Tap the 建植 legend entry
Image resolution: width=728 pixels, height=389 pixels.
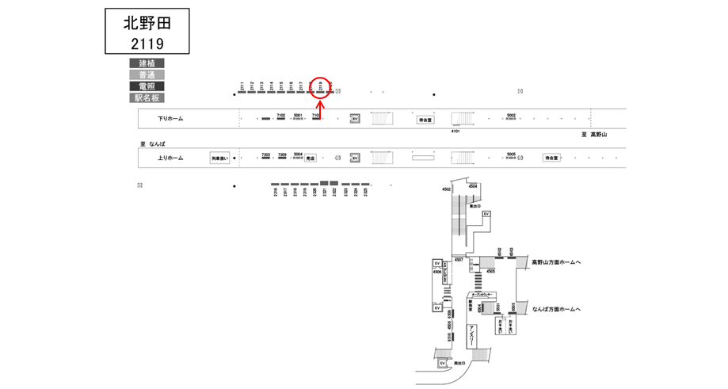pyautogui.click(x=147, y=63)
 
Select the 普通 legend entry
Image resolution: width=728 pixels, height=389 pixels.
pyautogui.click(x=147, y=75)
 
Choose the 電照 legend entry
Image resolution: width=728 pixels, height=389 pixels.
pyautogui.click(x=147, y=86)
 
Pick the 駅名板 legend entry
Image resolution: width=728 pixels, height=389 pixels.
pyautogui.click(x=147, y=98)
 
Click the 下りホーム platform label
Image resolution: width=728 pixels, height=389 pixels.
pyautogui.click(x=170, y=119)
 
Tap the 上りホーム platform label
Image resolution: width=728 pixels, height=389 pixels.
pyautogui.click(x=170, y=158)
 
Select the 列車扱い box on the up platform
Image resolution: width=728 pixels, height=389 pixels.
pyautogui.click(x=219, y=158)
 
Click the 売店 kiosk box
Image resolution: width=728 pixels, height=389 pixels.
pyautogui.click(x=311, y=158)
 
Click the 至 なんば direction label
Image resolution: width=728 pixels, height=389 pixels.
pyautogui.click(x=153, y=144)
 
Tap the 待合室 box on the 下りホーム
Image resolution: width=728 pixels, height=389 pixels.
pyautogui.click(x=426, y=120)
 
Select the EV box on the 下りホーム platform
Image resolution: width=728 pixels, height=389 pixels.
pyautogui.click(x=356, y=119)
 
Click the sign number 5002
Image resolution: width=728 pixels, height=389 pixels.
pyautogui.click(x=511, y=116)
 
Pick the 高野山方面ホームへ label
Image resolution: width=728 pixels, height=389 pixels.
pyautogui.click(x=557, y=261)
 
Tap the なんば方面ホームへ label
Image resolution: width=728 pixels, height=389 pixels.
pyautogui.click(x=557, y=309)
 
